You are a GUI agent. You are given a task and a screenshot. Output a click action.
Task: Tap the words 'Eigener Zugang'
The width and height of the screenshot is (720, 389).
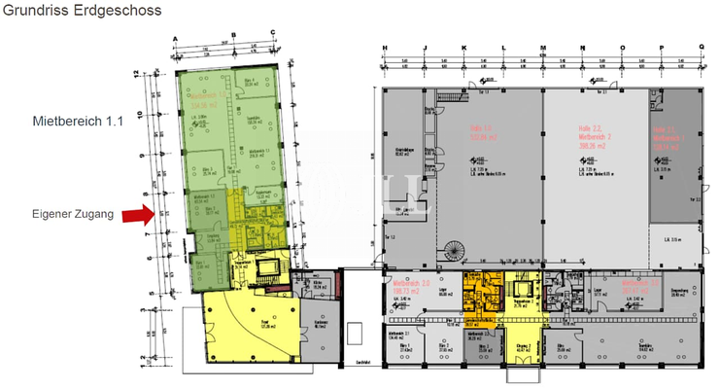[x=71, y=213]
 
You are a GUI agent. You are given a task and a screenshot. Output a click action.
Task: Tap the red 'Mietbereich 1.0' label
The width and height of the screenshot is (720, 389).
[x=203, y=96]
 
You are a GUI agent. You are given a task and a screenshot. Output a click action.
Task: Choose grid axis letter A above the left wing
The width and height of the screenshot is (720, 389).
[x=175, y=41]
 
